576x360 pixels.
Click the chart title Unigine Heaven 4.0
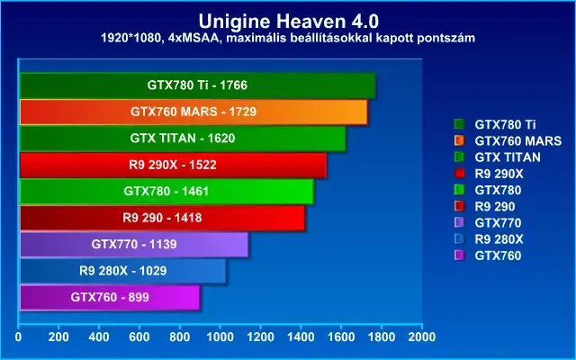pos(288,22)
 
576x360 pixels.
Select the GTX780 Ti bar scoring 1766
pos(198,85)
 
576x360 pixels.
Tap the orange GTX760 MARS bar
pos(193,112)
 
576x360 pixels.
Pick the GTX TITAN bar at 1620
pos(183,139)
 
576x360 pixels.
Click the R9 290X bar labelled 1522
pos(173,165)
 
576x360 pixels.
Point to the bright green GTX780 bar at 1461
pos(166,192)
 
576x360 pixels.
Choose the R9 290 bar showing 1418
pos(162,218)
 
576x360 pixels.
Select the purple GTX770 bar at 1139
pos(134,244)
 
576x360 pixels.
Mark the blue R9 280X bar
pos(122,271)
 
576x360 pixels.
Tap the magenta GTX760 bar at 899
pos(110,297)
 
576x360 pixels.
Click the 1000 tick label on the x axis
pos(220,337)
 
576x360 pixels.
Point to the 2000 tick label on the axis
pos(422,337)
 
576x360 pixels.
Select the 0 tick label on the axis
pos(18,337)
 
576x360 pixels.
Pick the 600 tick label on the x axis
pos(139,337)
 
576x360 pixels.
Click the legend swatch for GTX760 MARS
pos(459,140)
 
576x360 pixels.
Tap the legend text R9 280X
pos(499,239)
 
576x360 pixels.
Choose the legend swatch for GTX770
pos(459,222)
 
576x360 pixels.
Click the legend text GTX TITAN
pos(508,157)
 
